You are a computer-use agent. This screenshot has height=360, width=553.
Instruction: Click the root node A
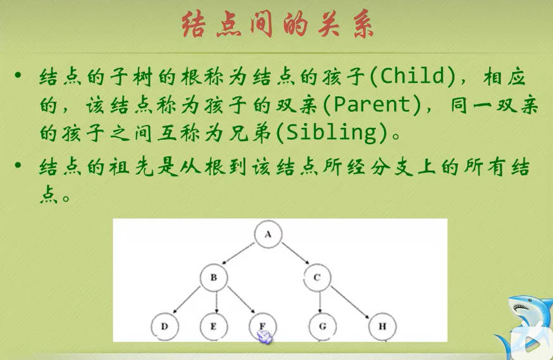(x=268, y=234)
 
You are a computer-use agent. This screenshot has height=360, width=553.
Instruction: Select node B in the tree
(x=214, y=278)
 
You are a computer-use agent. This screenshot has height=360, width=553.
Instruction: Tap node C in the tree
(x=317, y=278)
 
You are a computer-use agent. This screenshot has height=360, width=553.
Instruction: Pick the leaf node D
(x=165, y=326)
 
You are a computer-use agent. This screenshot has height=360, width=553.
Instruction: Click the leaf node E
(x=214, y=326)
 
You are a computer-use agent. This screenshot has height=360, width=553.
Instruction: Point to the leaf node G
(x=323, y=326)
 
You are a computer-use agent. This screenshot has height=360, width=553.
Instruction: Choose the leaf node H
(x=383, y=326)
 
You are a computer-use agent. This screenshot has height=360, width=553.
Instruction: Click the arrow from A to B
(x=238, y=253)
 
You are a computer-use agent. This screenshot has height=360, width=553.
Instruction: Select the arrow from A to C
(x=295, y=253)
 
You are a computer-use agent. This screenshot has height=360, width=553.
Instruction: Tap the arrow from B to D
(x=186, y=300)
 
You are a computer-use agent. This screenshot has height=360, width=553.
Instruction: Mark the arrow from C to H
(x=350, y=302)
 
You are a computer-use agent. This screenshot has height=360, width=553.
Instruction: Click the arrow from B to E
(x=216, y=302)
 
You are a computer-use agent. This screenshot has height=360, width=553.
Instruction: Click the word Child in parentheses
(x=413, y=76)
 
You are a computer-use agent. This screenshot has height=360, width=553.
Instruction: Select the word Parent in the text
(x=372, y=104)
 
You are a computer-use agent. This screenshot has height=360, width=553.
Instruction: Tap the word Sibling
(x=332, y=133)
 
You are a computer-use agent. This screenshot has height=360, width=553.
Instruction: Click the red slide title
(x=278, y=24)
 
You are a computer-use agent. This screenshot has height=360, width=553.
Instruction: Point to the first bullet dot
(x=18, y=75)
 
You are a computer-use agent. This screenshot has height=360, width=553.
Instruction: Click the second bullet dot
(x=18, y=164)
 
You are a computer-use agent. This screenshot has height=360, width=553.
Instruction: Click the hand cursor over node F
(x=265, y=337)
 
